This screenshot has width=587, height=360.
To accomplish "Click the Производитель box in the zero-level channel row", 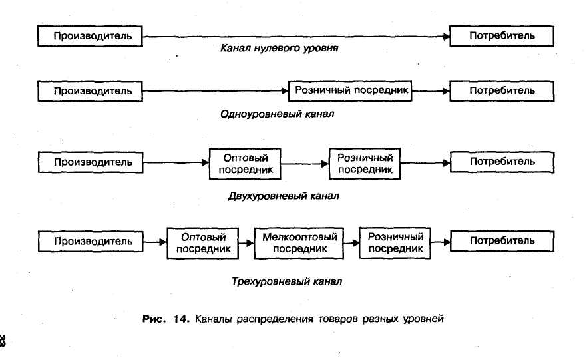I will pos(90,35).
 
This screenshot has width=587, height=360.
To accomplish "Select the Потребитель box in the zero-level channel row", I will pos(502,35).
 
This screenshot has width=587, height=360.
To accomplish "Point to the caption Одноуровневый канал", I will pos(277,114).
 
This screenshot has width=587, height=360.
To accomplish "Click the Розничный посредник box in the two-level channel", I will pos(365,163).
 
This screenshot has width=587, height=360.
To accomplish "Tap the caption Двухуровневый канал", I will pos(284,196).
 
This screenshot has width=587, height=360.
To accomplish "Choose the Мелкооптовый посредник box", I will pos(299,242).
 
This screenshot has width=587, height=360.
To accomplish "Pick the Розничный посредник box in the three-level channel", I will pos(395,242).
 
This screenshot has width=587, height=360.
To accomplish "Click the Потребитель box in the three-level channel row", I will pos(502,241).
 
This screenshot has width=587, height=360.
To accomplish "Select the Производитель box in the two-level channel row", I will pos(90,162).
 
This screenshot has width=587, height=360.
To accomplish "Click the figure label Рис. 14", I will pos(166,319).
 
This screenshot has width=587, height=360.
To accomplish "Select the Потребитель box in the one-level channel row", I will pos(502,90).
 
